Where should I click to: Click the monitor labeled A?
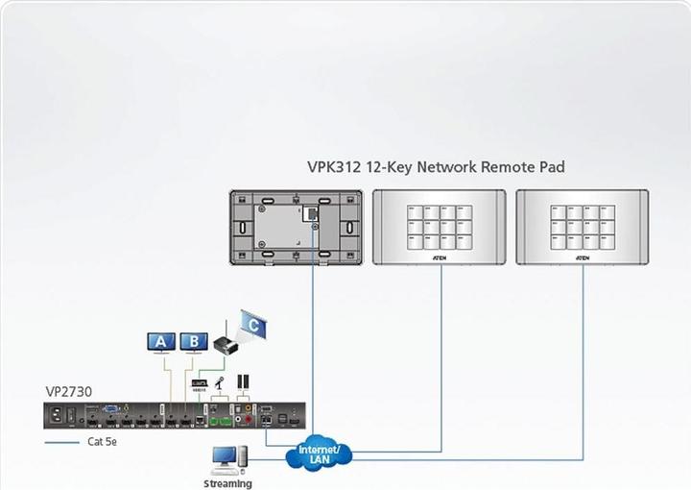pos(160,341)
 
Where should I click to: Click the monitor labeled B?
pos(193,341)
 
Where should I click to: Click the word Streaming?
pos(227,483)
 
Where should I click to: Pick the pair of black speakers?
pos(243,383)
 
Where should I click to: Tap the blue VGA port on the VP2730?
pos(112,410)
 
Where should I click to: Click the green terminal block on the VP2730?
pos(222,419)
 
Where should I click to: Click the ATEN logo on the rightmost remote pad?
pos(583,257)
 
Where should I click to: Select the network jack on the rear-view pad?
pos(312,211)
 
